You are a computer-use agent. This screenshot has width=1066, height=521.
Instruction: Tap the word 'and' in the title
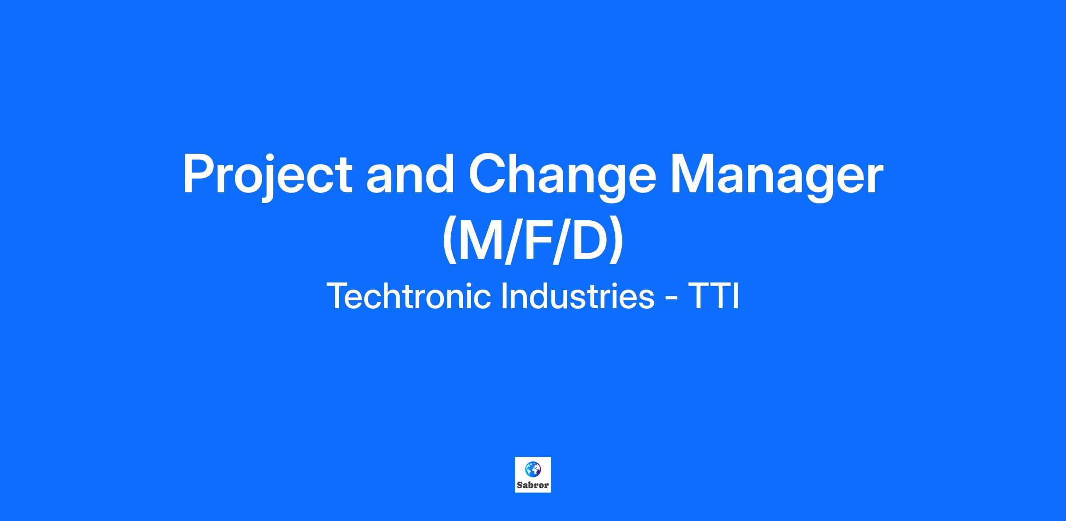pos(410,173)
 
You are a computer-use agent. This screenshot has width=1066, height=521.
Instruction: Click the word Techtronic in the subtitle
pos(409,296)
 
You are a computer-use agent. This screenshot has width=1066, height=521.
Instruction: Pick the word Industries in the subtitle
pos(578,296)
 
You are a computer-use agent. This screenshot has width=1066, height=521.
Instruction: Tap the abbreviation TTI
pos(714,296)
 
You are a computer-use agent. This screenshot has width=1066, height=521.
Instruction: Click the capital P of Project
pos(199,173)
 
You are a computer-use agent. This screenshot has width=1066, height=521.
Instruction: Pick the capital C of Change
pos(487,174)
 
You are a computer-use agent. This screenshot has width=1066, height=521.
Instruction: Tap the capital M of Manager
pos(693,174)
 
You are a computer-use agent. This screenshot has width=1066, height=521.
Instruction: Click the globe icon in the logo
pos(533,469)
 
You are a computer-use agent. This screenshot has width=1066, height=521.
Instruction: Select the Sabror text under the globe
pos(533,485)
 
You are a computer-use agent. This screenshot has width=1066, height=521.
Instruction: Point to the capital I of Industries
pos(504,296)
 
